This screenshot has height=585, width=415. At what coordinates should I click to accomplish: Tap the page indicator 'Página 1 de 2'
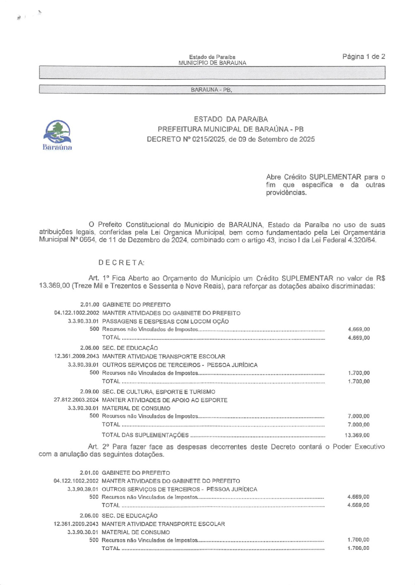coord(364,56)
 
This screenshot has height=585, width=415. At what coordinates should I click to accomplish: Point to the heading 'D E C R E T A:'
coord(121,263)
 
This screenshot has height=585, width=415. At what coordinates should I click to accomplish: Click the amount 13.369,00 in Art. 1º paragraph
coord(54,286)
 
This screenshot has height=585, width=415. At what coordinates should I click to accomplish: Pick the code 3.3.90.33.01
coord(83,321)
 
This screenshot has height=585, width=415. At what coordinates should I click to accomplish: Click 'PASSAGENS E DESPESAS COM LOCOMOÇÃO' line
coord(165,321)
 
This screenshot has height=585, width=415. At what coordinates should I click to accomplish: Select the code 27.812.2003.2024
coord(76,400)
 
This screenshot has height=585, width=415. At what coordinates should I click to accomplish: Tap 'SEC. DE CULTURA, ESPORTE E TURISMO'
coord(159,392)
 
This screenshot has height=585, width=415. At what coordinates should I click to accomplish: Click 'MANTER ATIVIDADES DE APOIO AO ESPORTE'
coord(164,400)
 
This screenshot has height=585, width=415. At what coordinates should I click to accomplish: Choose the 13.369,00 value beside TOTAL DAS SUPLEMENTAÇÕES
coord(357,435)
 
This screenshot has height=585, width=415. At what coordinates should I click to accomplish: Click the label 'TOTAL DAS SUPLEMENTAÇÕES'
coord(145,435)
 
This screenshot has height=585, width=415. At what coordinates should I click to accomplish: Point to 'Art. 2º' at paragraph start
coord(99,447)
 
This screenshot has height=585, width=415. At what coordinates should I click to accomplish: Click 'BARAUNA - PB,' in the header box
coord(211,90)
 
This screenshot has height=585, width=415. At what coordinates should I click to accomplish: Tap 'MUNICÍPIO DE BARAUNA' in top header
coord(212,63)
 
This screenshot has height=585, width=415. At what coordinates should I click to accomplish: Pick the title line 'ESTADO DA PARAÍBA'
coord(231,119)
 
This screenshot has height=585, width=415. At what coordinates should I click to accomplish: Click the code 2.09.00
coord(90,392)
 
